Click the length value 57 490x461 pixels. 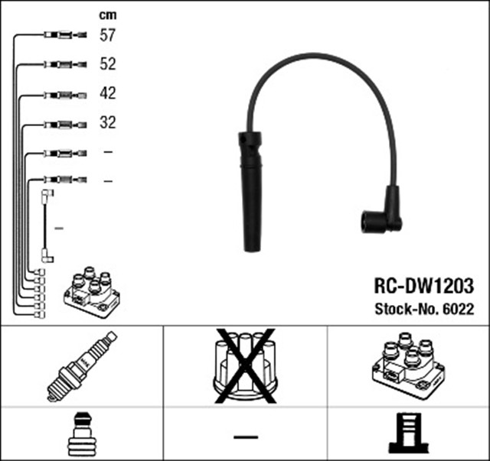(107, 35)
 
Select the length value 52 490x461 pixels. (107, 64)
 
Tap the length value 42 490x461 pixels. (107, 93)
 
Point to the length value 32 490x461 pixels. (107, 122)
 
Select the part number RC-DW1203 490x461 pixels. (423, 286)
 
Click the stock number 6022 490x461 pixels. (460, 309)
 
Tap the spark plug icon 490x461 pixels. (81, 366)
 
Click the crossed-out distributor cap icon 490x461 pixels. (244, 366)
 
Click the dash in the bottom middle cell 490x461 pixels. (245, 437)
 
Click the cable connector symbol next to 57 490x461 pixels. (66, 35)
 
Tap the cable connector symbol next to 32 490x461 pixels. (66, 122)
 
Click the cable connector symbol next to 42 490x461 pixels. (66, 93)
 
